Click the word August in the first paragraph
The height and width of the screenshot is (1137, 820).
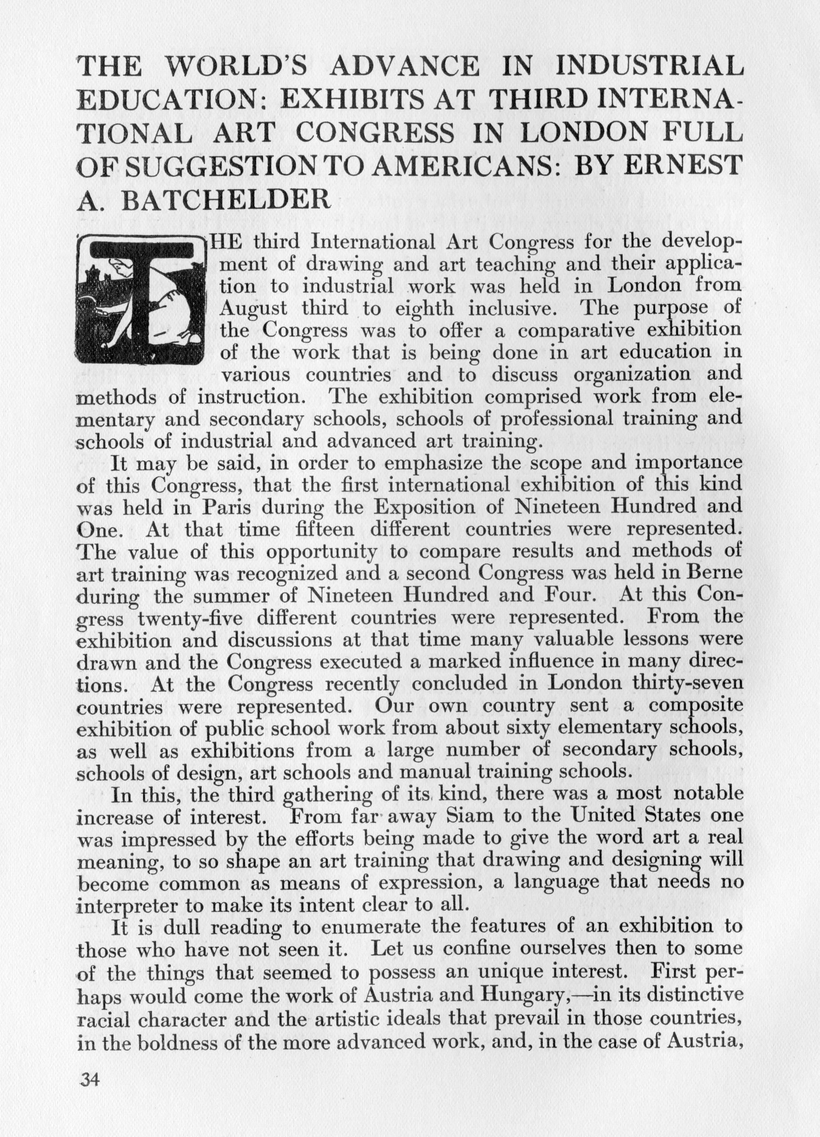point(254,308)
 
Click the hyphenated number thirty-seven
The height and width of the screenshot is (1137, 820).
point(687,684)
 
